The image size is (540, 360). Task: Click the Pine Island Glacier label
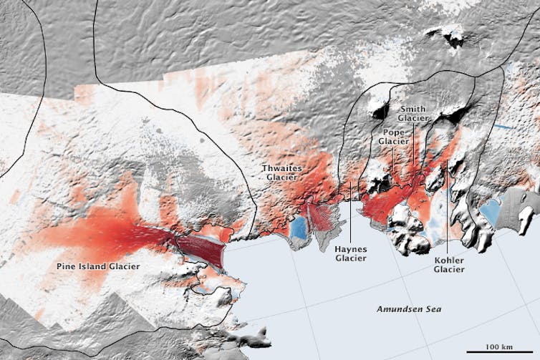[x=98, y=266]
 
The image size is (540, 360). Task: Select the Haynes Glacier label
[x=350, y=254]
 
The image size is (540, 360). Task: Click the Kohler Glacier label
[x=449, y=264]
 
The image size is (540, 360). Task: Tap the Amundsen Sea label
[x=409, y=308]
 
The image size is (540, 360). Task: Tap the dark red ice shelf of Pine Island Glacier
[x=200, y=248]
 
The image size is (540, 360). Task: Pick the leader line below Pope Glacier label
[x=392, y=157]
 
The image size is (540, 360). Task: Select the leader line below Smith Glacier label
[x=413, y=143]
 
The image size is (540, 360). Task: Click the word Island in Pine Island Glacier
[x=98, y=266]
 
